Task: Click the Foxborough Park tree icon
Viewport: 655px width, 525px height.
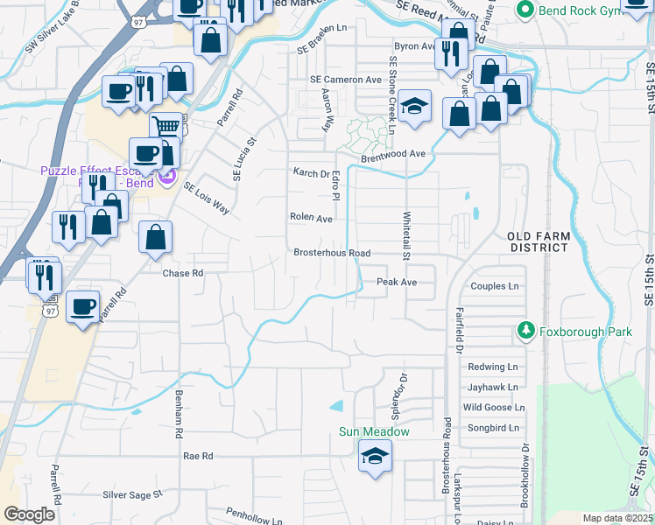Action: pyautogui.click(x=525, y=332)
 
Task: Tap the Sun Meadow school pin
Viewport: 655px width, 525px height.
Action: pyautogui.click(x=375, y=456)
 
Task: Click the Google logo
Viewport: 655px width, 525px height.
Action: pyautogui.click(x=29, y=514)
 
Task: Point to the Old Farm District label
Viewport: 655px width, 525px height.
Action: pyautogui.click(x=539, y=242)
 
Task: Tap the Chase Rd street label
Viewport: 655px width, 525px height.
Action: pyautogui.click(x=183, y=273)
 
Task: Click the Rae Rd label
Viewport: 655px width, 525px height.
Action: pyautogui.click(x=199, y=456)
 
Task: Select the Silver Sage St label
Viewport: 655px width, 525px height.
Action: pyautogui.click(x=133, y=494)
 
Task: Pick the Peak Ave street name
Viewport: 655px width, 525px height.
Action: pyautogui.click(x=397, y=282)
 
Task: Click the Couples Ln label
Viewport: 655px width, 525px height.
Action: pyautogui.click(x=495, y=286)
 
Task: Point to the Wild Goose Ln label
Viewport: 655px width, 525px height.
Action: pyautogui.click(x=494, y=407)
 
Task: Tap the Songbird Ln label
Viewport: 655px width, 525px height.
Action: pyautogui.click(x=491, y=428)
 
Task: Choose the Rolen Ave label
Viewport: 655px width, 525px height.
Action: pyautogui.click(x=311, y=218)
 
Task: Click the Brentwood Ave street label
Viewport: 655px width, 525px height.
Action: pyautogui.click(x=393, y=154)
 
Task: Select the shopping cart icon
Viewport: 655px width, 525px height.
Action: pyautogui.click(x=166, y=127)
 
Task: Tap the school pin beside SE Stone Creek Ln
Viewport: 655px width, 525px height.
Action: pyautogui.click(x=417, y=107)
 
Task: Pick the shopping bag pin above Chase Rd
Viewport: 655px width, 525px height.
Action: pyautogui.click(x=155, y=237)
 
